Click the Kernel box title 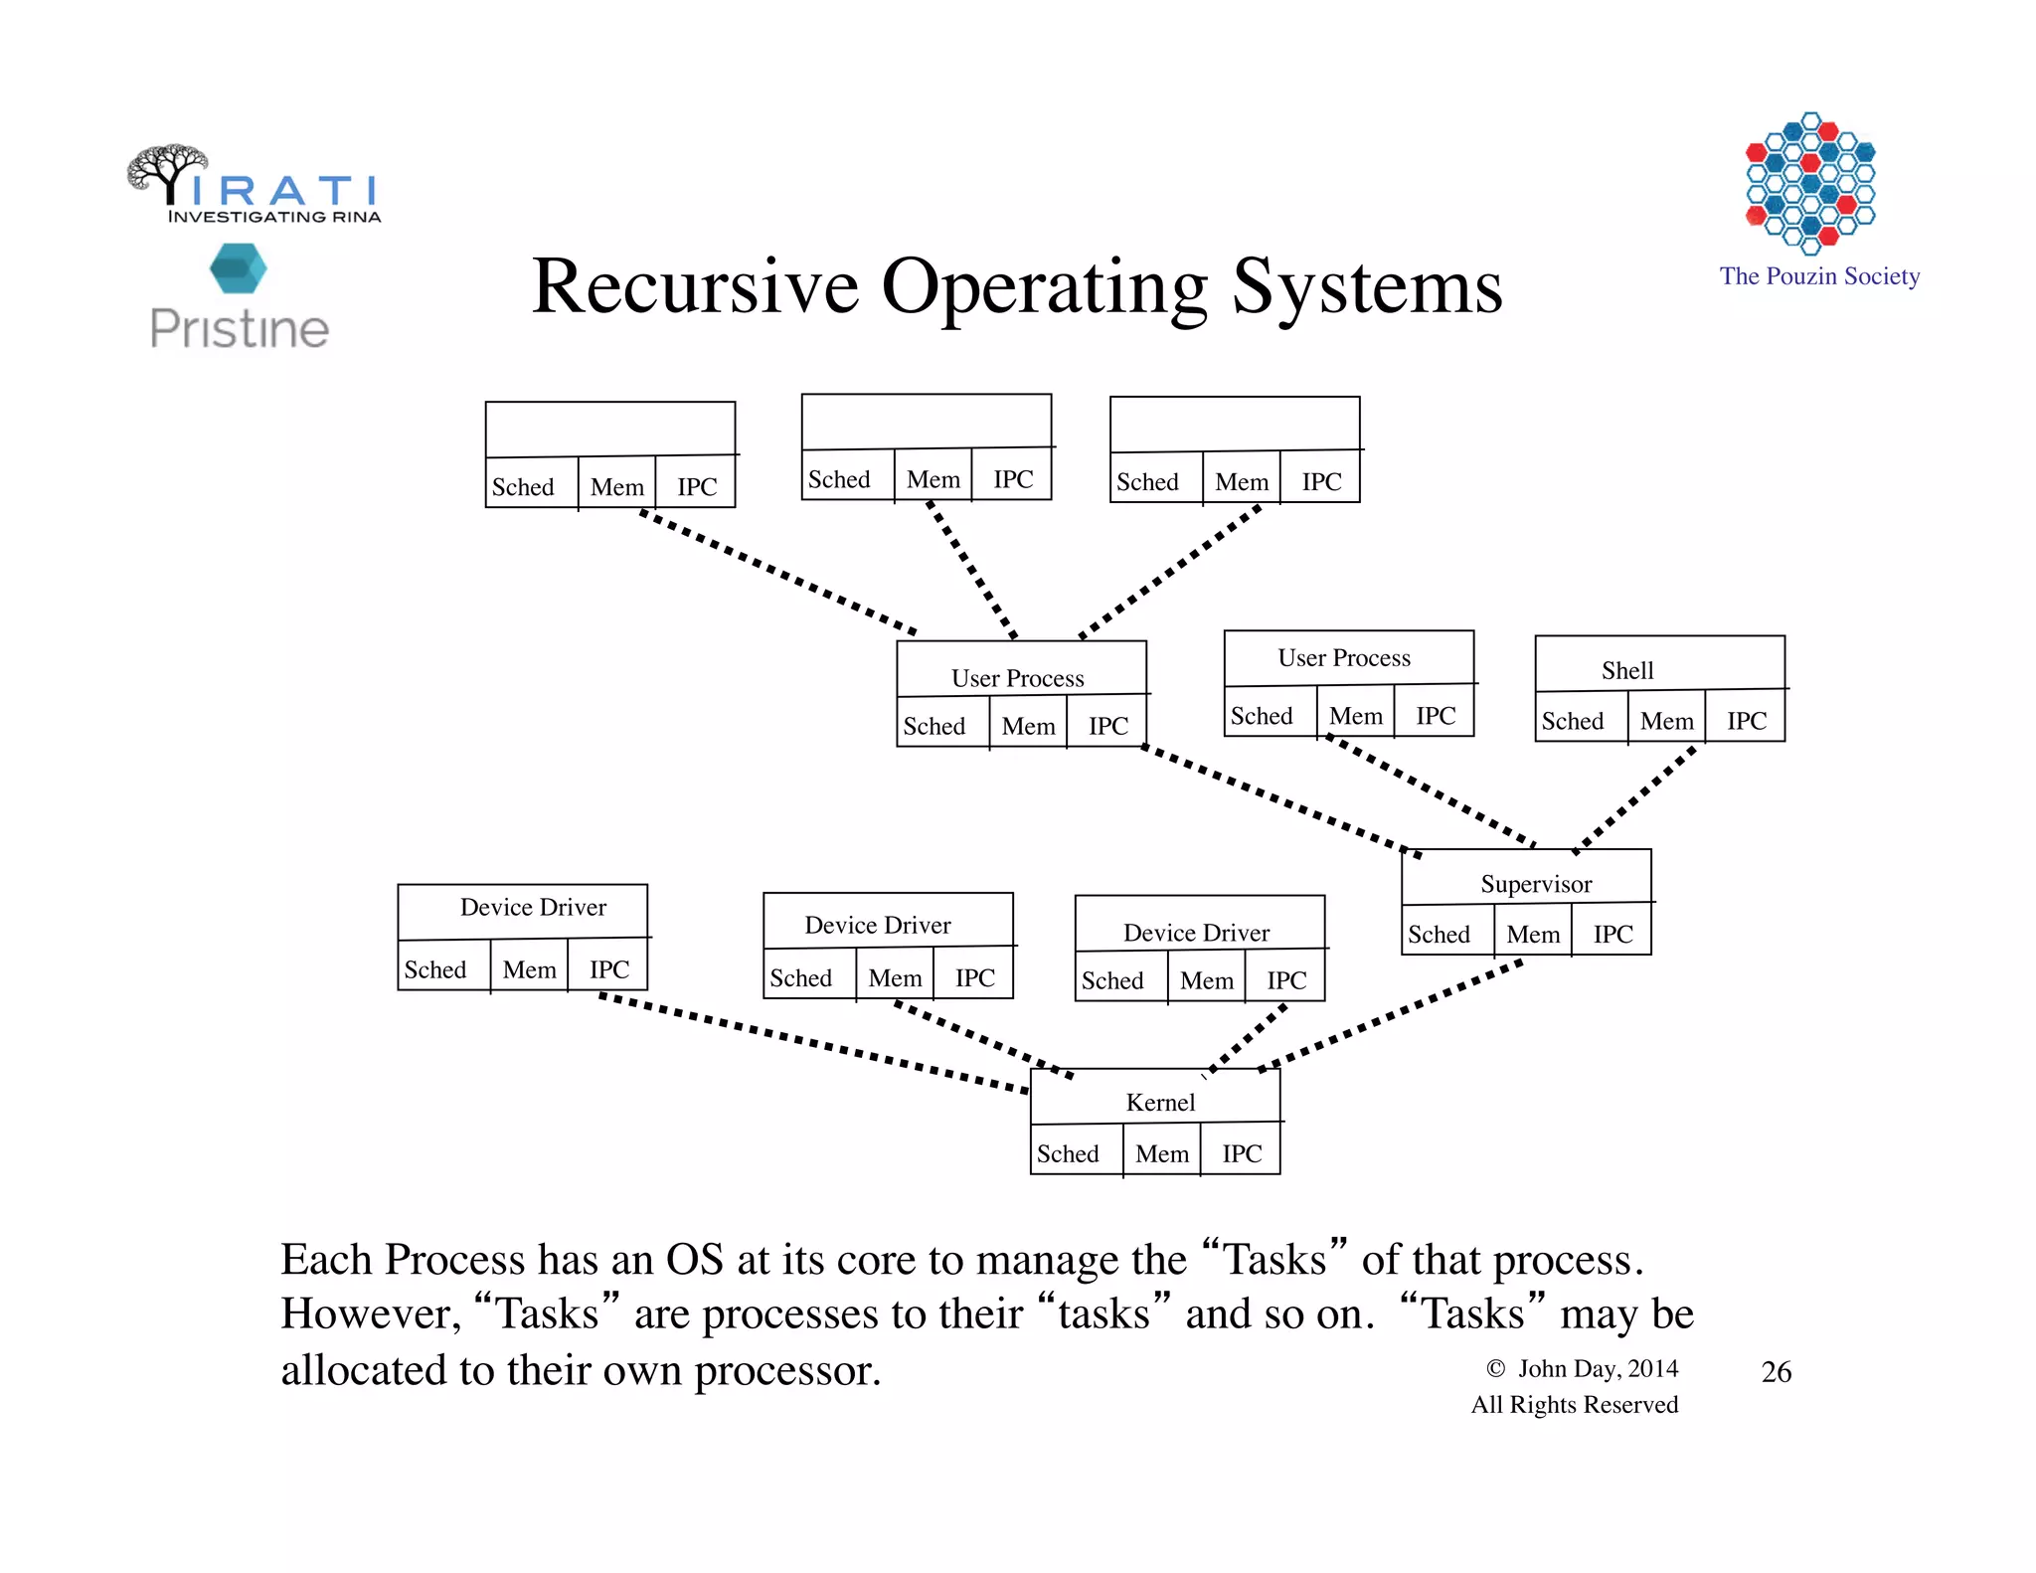pos(1160,1102)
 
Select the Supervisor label pos(1536,884)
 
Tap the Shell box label pos(1627,670)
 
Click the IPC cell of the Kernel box pos(1242,1153)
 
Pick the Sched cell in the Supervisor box pos(1439,935)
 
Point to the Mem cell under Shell pos(1667,721)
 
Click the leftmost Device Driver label pos(533,907)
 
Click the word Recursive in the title pos(694,287)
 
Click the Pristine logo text pos(240,329)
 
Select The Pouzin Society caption pos(1819,276)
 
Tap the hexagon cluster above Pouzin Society pos(1810,181)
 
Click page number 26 pos(1776,1372)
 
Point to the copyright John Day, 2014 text pos(1585,1369)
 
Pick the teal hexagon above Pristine pos(239,268)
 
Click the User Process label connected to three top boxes pos(1017,678)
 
